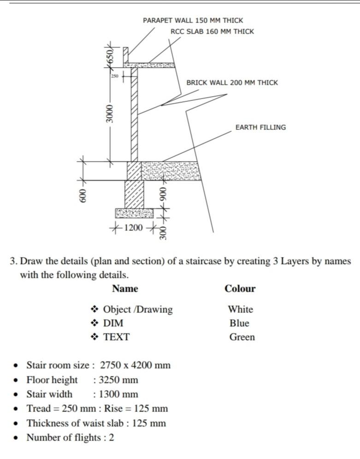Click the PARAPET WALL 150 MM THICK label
click(193, 21)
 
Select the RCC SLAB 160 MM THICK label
click(212, 32)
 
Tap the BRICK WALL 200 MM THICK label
click(232, 83)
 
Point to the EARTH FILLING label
click(260, 128)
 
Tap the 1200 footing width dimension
click(134, 227)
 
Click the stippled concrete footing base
click(134, 213)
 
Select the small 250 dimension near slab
click(115, 75)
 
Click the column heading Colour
click(240, 289)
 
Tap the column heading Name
click(125, 289)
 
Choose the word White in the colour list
click(240, 309)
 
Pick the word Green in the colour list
click(242, 337)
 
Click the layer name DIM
click(113, 323)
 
